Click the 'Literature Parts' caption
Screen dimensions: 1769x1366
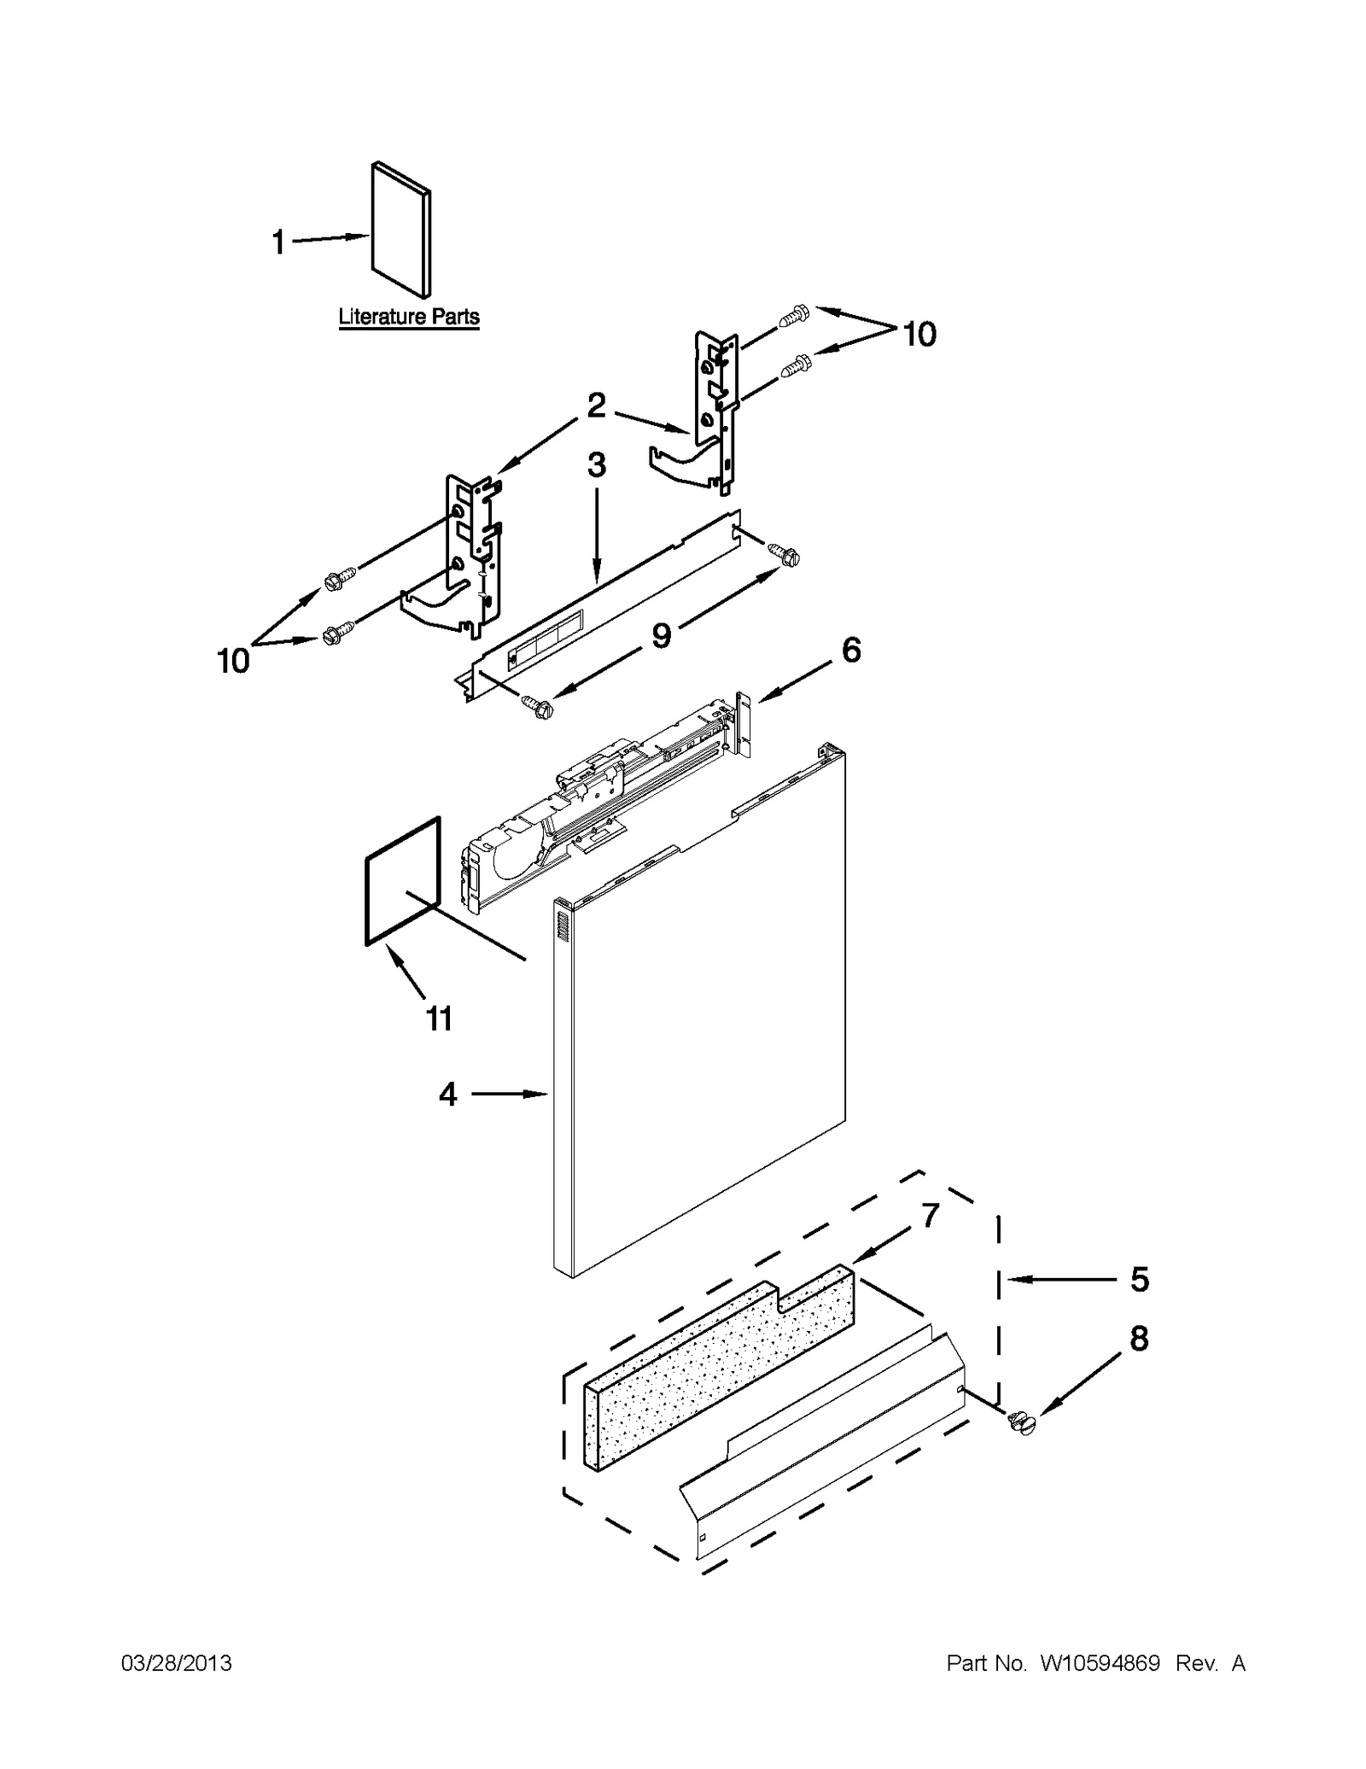[x=409, y=317]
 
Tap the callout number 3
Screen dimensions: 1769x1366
[x=596, y=465]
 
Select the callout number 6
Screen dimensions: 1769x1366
[x=850, y=650]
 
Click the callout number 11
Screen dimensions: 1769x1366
[x=439, y=1018]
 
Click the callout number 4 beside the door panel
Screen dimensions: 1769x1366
[x=448, y=1094]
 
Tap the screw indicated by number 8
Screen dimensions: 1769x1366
[x=1020, y=1422]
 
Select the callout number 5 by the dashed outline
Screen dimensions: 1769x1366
[x=1139, y=1279]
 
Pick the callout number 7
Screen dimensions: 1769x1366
[x=930, y=1214]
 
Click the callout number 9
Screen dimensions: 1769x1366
[x=662, y=634]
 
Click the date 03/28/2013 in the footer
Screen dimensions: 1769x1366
[x=177, y=1663]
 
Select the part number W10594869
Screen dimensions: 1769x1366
[x=1099, y=1663]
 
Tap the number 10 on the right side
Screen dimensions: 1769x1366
[x=919, y=334]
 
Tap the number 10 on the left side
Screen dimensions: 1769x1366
[x=233, y=660]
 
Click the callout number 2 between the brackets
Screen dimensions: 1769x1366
[x=596, y=405]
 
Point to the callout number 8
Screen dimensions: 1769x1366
[x=1139, y=1339]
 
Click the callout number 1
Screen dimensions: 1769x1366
[x=278, y=242]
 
